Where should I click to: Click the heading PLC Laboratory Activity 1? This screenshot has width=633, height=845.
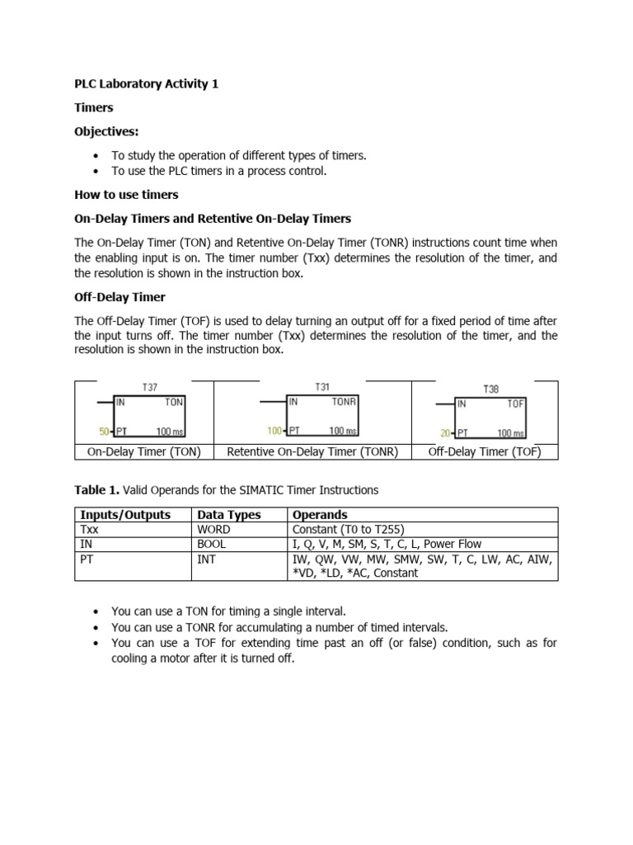coord(146,84)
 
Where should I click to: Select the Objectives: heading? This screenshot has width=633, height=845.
coord(107,131)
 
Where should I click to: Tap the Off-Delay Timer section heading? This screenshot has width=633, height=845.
coord(120,296)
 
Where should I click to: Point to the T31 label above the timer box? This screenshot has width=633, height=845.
coord(321,387)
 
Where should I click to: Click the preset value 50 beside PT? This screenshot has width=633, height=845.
coord(103,431)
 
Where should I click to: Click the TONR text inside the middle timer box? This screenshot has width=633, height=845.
coord(344,402)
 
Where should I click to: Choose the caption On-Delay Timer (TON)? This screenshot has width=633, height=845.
coord(144,451)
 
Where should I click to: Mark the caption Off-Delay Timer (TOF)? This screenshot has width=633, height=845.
coord(485,451)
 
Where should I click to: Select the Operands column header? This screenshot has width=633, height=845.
coord(320,515)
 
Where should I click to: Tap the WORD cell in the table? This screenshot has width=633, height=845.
coord(215,530)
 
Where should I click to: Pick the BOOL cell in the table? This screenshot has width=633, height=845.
coord(213,544)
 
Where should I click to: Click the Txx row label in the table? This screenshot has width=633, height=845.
coord(89,530)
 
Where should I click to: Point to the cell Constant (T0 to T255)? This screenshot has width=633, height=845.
coord(351,530)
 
